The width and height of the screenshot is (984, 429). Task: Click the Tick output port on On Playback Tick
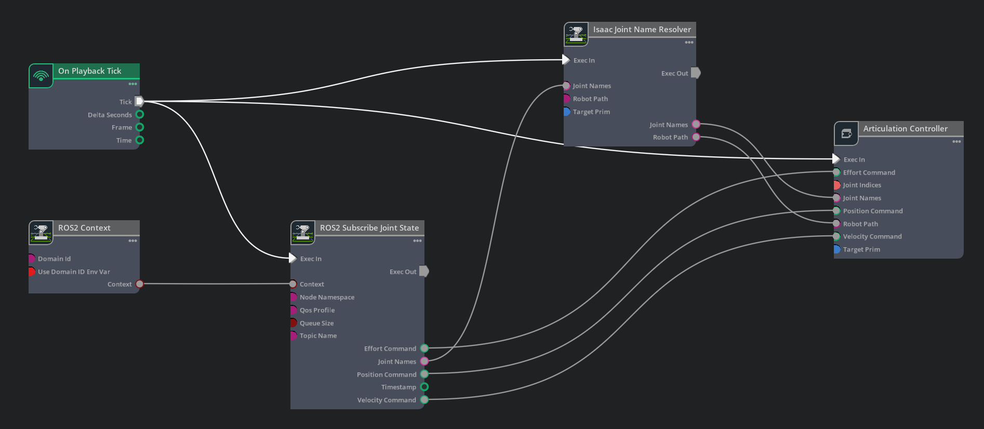click(x=139, y=101)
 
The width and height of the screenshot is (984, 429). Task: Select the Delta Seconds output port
click(x=140, y=114)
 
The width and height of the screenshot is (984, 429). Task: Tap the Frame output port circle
click(x=140, y=127)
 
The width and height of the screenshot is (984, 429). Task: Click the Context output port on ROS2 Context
click(x=140, y=284)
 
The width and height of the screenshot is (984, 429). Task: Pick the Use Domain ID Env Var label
click(x=74, y=272)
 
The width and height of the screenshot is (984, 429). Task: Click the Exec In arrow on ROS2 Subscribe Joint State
click(x=292, y=258)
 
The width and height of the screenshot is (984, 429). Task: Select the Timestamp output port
click(x=424, y=387)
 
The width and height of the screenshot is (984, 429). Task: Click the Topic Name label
click(x=318, y=336)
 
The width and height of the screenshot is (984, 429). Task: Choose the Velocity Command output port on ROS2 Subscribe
click(x=424, y=400)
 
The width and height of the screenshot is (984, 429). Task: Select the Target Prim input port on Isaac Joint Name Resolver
click(x=567, y=112)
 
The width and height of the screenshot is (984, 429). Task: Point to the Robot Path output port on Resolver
click(x=696, y=137)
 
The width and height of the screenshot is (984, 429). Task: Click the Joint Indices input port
click(x=837, y=185)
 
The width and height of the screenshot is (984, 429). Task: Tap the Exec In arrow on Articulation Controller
click(x=836, y=159)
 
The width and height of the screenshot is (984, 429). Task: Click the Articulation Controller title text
click(x=906, y=128)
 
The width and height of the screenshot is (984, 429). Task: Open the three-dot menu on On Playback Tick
click(x=133, y=84)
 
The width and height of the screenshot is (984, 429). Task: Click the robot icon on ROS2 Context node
click(x=41, y=233)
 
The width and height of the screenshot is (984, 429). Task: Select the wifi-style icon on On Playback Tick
click(x=41, y=76)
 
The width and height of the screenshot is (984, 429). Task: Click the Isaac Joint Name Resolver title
click(x=642, y=30)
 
